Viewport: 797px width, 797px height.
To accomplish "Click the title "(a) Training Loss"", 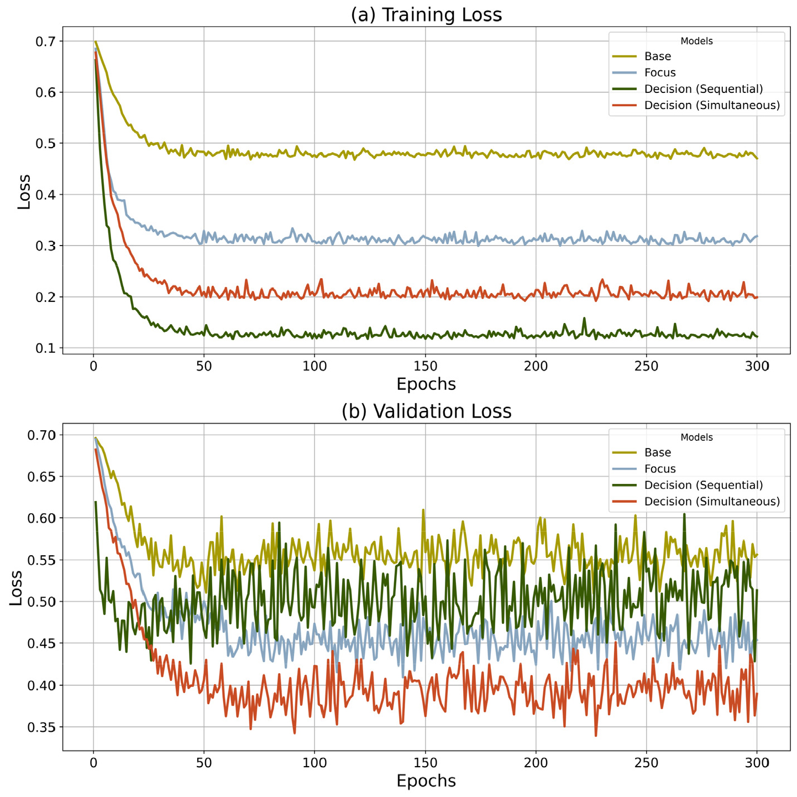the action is click(x=426, y=15).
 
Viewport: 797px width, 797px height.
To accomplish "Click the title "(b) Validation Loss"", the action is click(x=426, y=411).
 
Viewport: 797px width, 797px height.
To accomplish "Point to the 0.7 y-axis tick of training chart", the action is click(x=45, y=41).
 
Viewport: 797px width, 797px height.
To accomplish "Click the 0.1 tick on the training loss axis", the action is click(x=45, y=348).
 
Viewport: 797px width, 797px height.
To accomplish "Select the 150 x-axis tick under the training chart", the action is click(x=425, y=366).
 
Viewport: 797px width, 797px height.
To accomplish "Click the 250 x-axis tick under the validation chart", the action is click(x=647, y=763).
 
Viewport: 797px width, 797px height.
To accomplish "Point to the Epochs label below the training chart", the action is click(x=426, y=384).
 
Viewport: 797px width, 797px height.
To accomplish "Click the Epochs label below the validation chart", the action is click(x=426, y=781).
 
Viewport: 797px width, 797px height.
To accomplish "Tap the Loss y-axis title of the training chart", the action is click(x=24, y=192).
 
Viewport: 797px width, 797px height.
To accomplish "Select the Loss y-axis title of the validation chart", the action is click(x=15, y=588).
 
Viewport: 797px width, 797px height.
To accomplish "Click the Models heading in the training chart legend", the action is click(x=696, y=41).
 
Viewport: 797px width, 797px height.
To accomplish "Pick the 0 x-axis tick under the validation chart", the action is click(x=93, y=763).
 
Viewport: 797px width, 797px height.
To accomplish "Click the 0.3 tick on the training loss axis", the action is click(x=45, y=246).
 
